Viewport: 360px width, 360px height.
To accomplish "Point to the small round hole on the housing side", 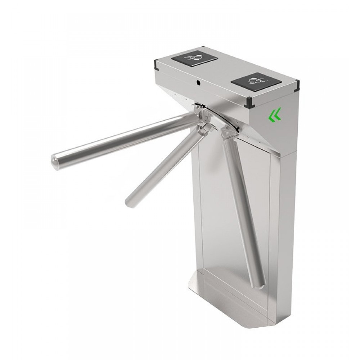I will [198, 82].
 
